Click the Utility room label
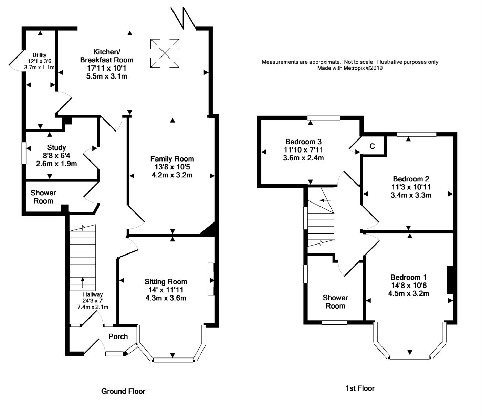click(40, 55)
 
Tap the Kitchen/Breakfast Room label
click(107, 56)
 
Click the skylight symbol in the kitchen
click(165, 53)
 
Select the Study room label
click(56, 148)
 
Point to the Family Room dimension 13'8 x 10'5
click(172, 167)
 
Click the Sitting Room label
click(166, 282)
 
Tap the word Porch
click(118, 336)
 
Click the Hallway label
click(93, 294)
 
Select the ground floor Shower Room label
click(43, 197)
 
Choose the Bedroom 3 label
click(303, 142)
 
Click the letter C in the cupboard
click(372, 146)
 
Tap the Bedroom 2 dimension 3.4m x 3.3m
click(411, 195)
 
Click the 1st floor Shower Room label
click(335, 302)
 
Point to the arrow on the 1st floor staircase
click(325, 200)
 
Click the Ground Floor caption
click(123, 391)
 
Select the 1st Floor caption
click(360, 388)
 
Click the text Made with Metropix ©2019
click(350, 68)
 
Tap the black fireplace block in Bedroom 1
click(450, 280)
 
